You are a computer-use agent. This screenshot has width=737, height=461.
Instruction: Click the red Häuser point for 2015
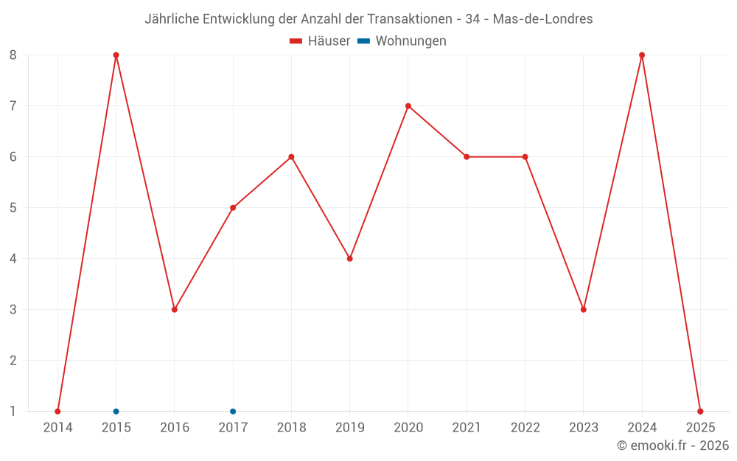point(116,55)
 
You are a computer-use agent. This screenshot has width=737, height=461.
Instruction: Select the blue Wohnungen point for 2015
point(116,412)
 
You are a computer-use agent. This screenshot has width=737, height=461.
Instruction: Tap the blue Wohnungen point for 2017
point(233,412)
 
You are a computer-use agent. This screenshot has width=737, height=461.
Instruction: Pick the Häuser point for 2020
point(408,106)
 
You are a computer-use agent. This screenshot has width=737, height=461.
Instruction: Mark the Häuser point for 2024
point(642,55)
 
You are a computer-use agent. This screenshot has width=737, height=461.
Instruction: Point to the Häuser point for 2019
point(350,259)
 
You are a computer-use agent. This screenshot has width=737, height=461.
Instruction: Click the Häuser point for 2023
point(584,310)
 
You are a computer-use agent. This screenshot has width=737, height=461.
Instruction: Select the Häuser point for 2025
point(700,412)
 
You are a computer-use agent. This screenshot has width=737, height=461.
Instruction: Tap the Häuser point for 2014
point(57,412)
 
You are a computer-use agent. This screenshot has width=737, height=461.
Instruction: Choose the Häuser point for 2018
point(291,157)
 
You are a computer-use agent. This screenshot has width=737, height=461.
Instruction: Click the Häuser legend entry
point(320,41)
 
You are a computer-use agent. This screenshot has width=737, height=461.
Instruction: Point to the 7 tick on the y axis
point(13,106)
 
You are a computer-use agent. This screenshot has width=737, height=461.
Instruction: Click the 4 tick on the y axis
point(13,259)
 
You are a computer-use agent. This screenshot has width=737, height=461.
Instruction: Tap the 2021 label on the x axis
point(467,428)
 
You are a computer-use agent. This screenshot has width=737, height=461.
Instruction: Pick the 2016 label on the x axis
point(175,428)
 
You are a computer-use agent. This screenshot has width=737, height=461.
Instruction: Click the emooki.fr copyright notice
point(673,446)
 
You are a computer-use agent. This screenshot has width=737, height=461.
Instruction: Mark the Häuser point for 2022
point(525,157)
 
